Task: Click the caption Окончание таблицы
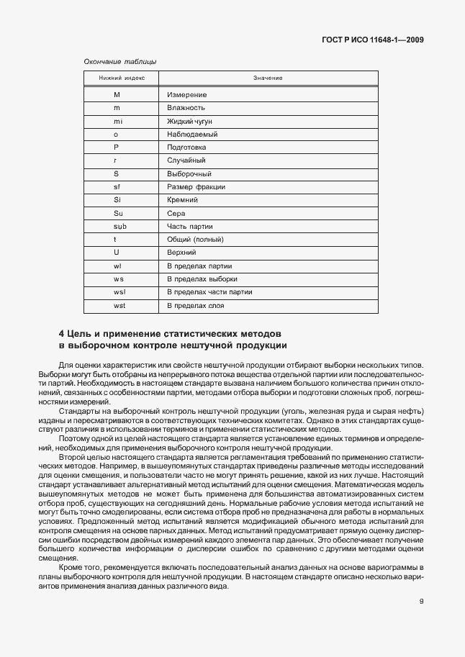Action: tap(120, 63)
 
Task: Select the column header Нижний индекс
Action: tap(116, 78)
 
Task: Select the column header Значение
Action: tap(267, 78)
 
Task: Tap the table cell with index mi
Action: tap(117, 121)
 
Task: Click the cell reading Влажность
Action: tap(186, 108)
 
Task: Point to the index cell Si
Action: tap(117, 200)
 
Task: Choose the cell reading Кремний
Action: tap(184, 200)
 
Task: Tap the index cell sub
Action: tap(117, 226)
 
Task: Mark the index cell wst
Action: tap(117, 305)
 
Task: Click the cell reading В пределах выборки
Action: tap(202, 278)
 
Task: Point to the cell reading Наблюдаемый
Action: tap(192, 135)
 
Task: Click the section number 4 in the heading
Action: tap(61, 334)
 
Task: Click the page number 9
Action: tap(421, 604)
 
